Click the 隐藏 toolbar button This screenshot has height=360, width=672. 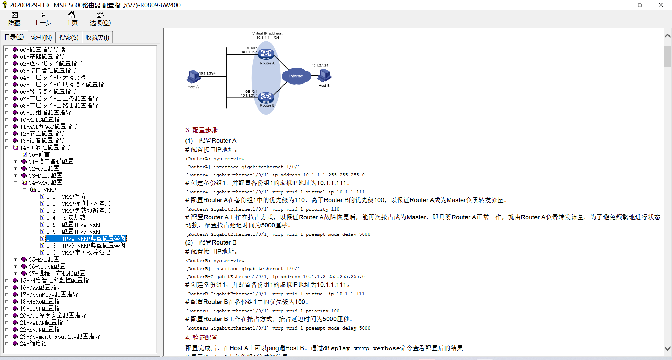14,19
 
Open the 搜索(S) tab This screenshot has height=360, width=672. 69,37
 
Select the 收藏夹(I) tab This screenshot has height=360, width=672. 97,37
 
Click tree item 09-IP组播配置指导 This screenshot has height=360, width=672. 45,113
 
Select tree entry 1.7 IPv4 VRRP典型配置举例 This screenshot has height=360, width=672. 86,239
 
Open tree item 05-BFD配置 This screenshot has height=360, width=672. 44,260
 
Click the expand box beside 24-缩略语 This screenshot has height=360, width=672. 7,344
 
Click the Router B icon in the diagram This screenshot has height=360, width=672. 266,97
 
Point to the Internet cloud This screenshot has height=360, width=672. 296,76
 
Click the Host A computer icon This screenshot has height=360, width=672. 193,76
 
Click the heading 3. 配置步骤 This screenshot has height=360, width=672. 201,130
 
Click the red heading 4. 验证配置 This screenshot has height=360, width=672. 201,338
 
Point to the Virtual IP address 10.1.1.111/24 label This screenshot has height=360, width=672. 267,36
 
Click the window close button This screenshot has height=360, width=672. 660,5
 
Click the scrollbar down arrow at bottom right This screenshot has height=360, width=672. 667,348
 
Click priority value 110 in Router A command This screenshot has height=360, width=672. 335,209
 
